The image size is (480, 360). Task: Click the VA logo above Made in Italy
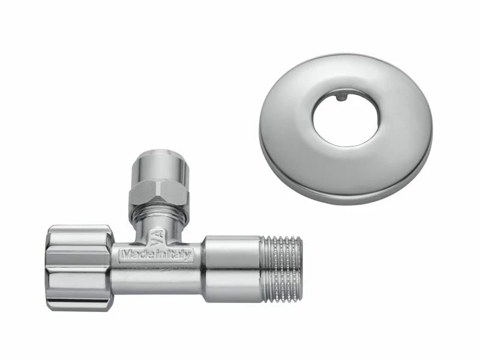click(156, 239)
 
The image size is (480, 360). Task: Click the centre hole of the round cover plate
click(346, 118)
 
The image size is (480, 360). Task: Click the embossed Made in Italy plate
click(156, 254)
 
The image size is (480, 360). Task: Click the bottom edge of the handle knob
click(81, 308)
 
